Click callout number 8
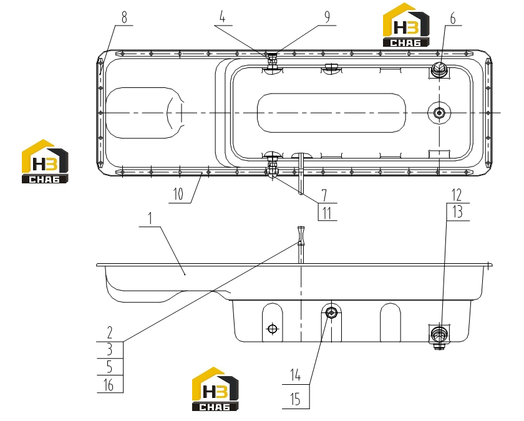[124, 17]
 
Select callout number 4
[223, 17]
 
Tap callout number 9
[327, 17]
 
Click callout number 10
[178, 194]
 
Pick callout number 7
[324, 195]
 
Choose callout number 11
[326, 213]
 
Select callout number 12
[457, 195]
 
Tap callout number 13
[457, 212]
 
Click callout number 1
[150, 218]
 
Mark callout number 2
[110, 333]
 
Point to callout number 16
[109, 385]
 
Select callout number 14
[296, 375]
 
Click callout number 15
[296, 399]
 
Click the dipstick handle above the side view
[301, 235]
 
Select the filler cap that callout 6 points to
[439, 70]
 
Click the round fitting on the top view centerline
[439, 113]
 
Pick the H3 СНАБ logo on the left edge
[45, 162]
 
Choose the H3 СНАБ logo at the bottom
[215, 389]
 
